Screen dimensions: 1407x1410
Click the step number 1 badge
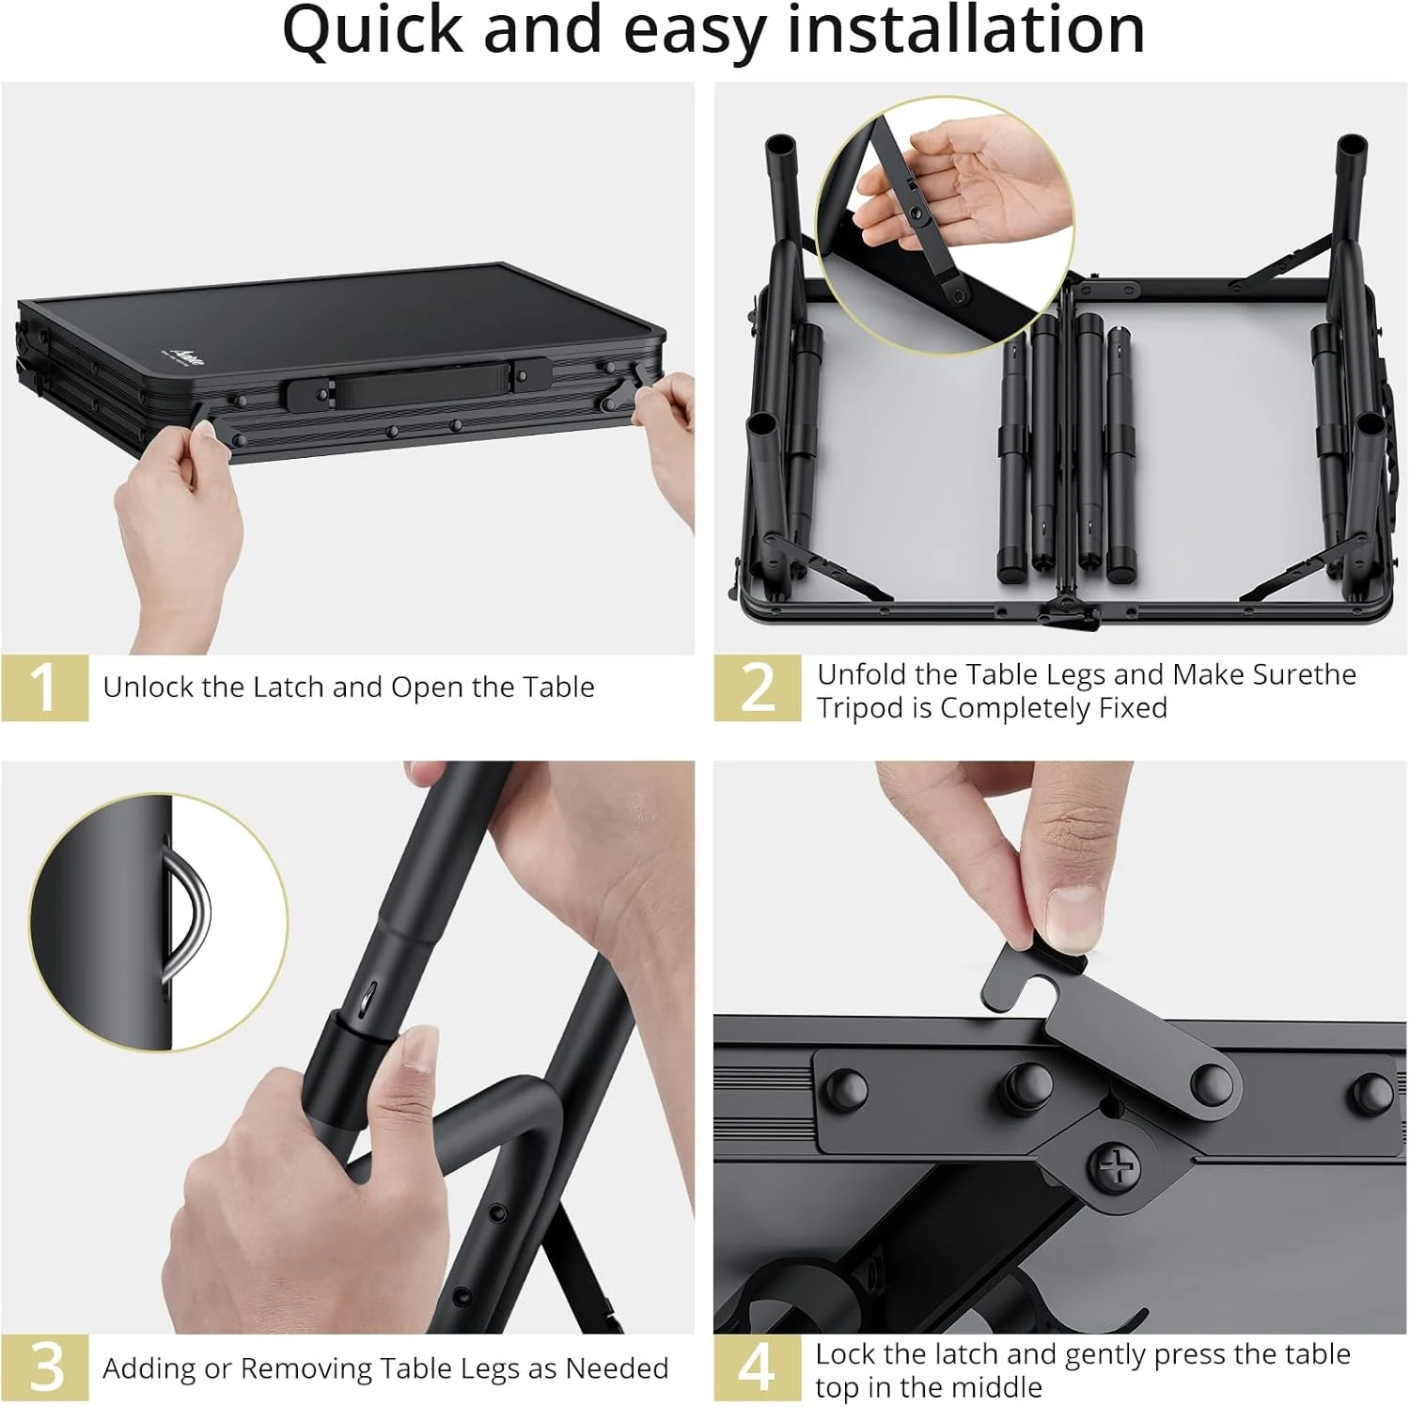(x=44, y=688)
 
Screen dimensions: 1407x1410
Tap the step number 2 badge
(x=757, y=688)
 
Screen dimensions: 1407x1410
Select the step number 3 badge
(x=44, y=1367)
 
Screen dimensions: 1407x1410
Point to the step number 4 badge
(x=757, y=1367)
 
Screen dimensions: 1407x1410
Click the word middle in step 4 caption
(x=995, y=1387)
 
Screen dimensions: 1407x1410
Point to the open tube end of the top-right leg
(x=1352, y=148)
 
